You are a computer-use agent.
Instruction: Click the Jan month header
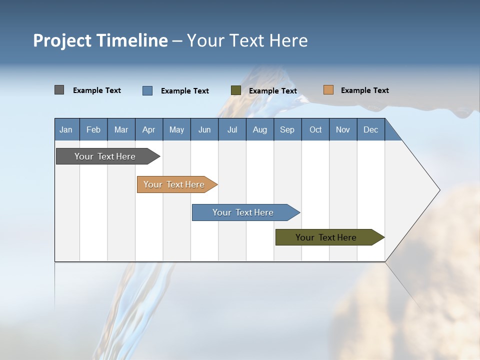66,129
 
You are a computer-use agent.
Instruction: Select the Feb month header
93,129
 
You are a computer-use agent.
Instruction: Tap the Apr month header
148,129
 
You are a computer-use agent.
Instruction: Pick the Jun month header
204,129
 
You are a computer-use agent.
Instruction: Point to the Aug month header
259,129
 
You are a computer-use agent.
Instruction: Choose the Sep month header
287,129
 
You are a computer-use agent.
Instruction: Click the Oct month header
315,129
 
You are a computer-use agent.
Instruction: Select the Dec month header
370,129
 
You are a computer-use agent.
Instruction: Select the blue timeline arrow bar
243,212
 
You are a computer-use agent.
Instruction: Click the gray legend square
59,90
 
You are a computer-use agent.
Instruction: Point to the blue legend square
147,90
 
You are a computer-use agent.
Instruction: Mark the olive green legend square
236,90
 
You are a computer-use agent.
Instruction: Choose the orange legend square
328,90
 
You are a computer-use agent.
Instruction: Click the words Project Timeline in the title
100,40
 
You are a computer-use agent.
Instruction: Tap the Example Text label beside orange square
364,90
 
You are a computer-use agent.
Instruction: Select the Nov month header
342,129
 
